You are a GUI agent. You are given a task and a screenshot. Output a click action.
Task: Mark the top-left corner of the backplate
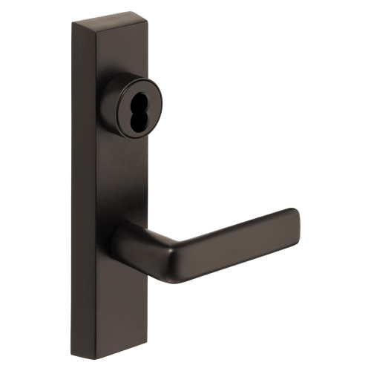pos(73,24)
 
